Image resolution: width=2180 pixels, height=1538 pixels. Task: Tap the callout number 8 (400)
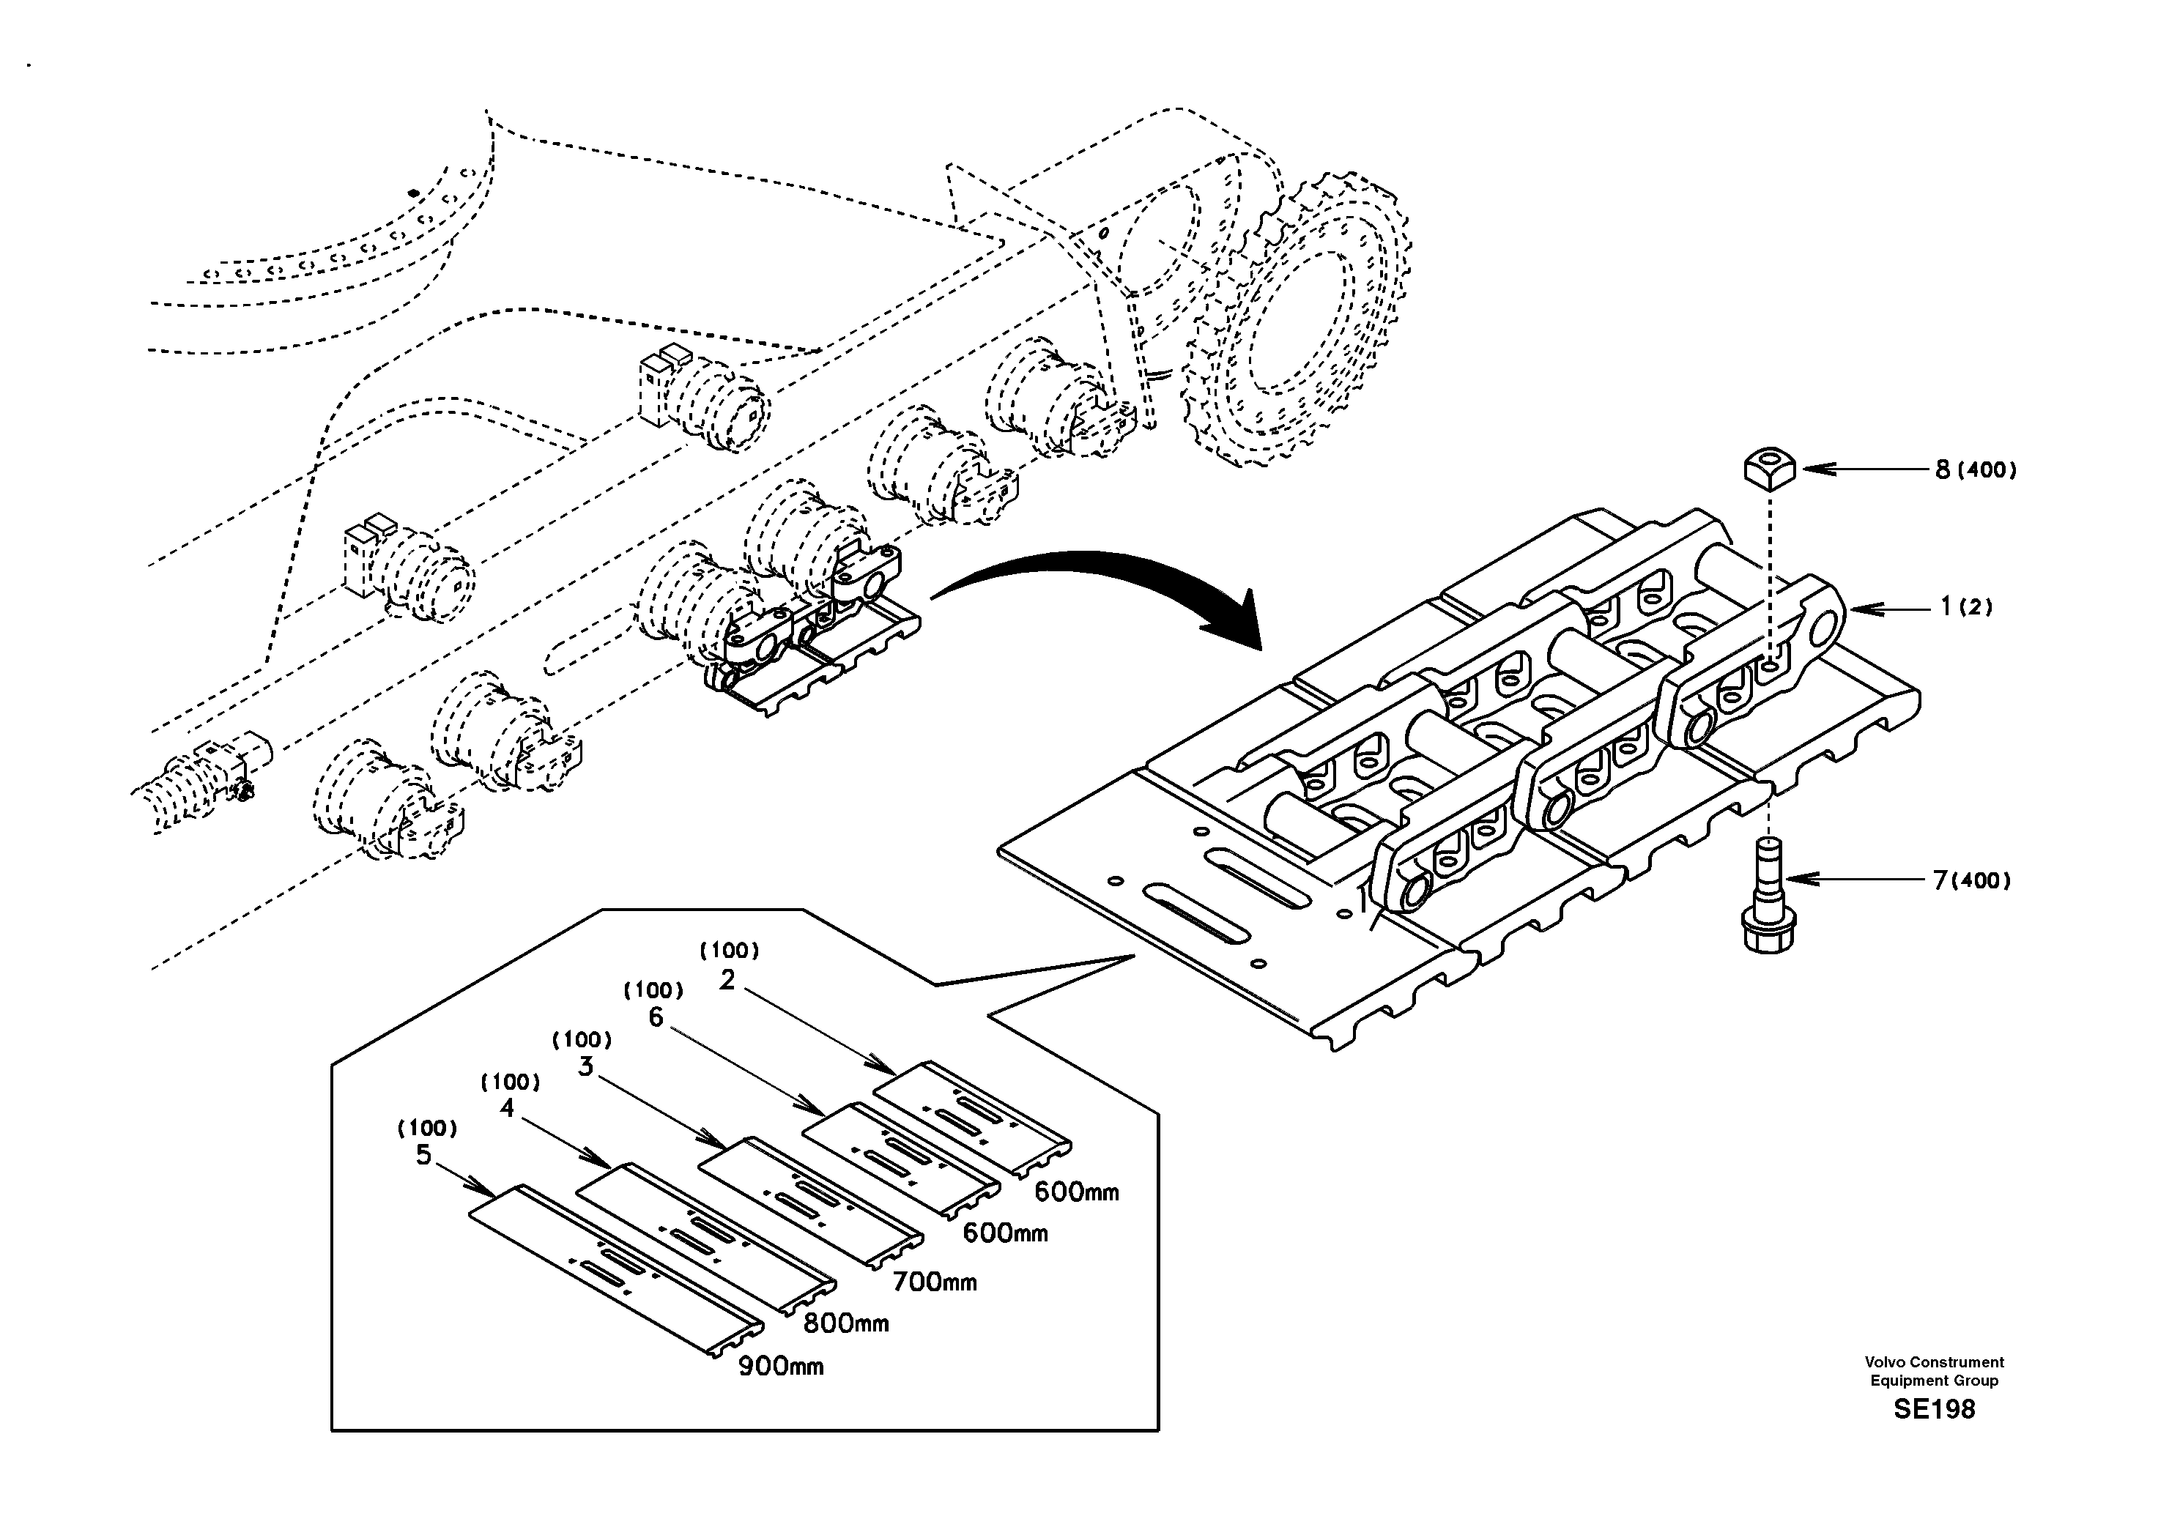(1976, 469)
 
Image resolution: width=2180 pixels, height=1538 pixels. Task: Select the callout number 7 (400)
(1972, 881)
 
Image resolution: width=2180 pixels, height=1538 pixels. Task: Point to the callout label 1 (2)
(1965, 606)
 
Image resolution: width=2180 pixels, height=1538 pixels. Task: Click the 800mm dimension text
(846, 1323)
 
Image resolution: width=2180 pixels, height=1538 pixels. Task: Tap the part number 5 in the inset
(423, 1156)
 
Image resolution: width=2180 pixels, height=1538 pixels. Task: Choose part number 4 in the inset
(507, 1108)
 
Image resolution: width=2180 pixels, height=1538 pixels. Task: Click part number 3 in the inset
(585, 1067)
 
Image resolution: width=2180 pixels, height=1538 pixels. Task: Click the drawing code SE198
(1933, 1409)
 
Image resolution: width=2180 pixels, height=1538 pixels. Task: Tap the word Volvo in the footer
(1886, 1361)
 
